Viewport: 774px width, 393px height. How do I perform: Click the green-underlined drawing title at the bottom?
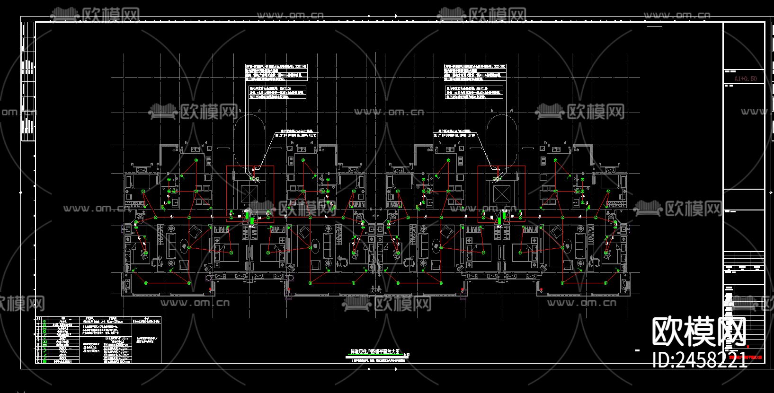pos(375,352)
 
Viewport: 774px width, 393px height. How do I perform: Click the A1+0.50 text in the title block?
pos(745,79)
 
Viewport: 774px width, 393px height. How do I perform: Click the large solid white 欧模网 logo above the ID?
pos(699,332)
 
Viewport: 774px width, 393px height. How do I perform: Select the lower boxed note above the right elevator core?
pos(474,92)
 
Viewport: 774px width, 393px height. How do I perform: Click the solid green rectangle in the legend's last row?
pos(44,361)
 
